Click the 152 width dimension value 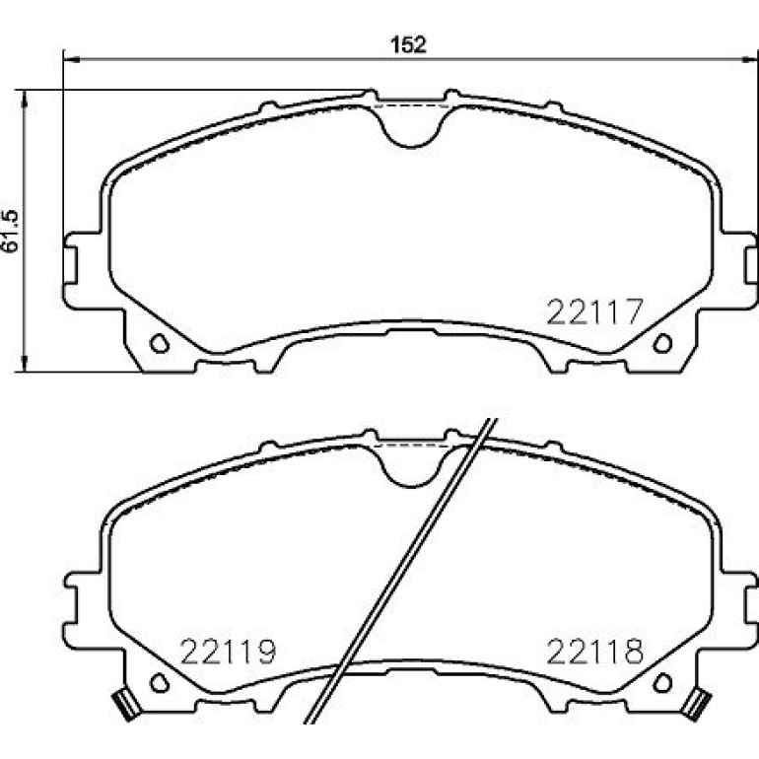[408, 44]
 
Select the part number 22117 [594, 311]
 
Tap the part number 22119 [228, 652]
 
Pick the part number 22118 [595, 652]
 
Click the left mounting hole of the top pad [160, 343]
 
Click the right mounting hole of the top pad [662, 343]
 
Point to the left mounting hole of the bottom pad [160, 682]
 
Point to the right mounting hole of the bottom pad [662, 682]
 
